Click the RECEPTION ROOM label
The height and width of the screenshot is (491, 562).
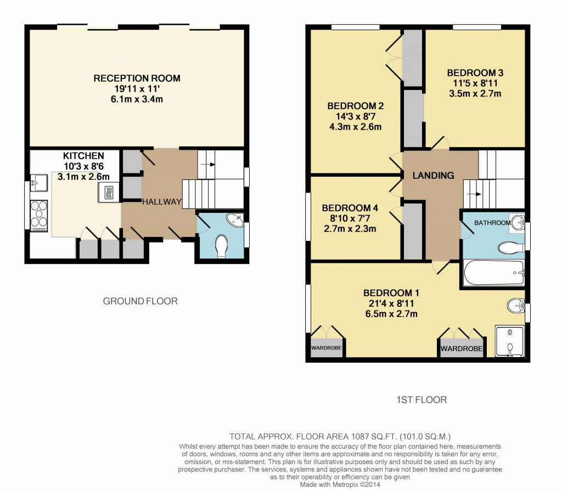click(137, 78)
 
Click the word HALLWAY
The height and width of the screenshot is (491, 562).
click(161, 202)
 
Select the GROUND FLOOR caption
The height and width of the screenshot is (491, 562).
click(140, 301)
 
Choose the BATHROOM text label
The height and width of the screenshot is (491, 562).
click(492, 223)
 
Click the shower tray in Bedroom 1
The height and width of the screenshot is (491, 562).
click(510, 341)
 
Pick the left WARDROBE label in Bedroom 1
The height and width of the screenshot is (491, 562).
click(327, 348)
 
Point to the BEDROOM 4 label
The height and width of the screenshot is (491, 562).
click(350, 208)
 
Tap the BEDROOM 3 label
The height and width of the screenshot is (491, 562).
click(475, 73)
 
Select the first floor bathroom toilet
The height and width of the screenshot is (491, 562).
click(510, 249)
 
